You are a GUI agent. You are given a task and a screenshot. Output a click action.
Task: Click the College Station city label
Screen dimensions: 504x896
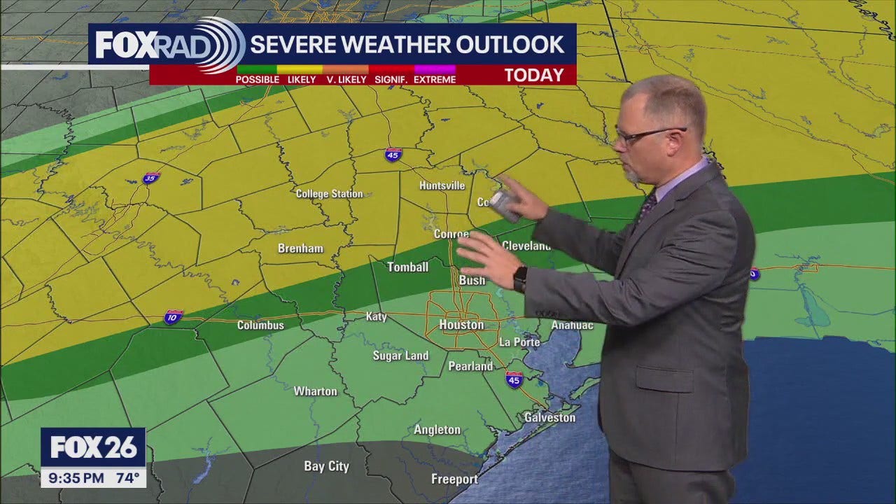[329, 194]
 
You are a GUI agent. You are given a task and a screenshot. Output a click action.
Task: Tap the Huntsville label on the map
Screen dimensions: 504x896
[442, 185]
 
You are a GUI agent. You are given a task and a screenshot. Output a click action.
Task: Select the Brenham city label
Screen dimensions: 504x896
[300, 248]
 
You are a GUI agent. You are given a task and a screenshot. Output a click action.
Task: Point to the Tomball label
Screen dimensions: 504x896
[408, 267]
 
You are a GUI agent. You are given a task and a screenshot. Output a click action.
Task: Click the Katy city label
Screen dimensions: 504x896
[376, 316]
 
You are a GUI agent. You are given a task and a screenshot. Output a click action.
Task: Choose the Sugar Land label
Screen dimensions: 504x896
[400, 356]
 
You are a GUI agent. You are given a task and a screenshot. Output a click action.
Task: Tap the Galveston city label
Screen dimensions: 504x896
[549, 418]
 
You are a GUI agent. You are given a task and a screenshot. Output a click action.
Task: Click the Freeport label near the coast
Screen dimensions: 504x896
[454, 479]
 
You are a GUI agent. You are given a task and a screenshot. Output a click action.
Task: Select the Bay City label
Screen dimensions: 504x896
[326, 466]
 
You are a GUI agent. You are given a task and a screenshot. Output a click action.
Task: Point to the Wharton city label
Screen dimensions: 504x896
[315, 391]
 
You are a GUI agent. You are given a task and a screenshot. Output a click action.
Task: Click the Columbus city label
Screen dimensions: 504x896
[260, 325]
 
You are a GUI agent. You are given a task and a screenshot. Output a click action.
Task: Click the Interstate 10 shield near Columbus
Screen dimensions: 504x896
[173, 317]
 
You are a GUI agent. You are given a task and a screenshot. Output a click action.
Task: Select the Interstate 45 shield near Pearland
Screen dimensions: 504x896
[514, 379]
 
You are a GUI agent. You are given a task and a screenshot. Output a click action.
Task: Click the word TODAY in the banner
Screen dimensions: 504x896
[533, 75]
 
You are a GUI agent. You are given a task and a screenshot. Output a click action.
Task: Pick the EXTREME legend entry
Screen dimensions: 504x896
[435, 79]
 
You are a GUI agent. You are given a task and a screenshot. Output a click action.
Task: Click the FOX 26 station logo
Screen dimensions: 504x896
[93, 447]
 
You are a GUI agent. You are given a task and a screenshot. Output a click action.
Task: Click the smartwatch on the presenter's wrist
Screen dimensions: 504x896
[520, 279]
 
